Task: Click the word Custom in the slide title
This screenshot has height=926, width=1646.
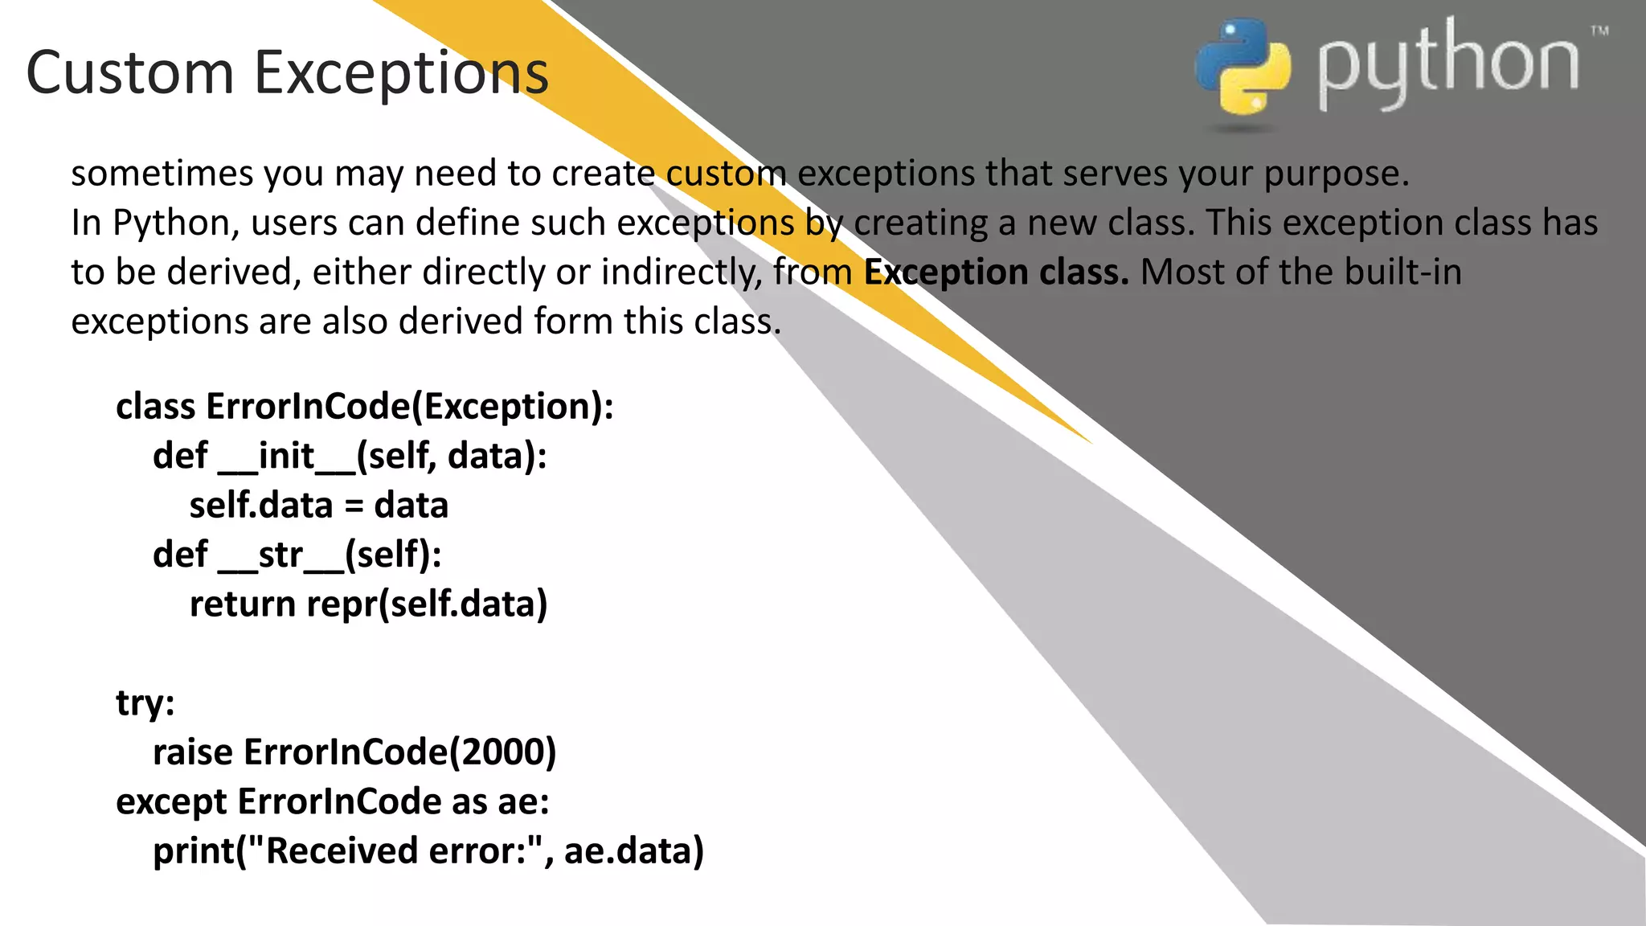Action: click(x=129, y=72)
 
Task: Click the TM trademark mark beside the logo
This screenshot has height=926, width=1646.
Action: click(x=1599, y=31)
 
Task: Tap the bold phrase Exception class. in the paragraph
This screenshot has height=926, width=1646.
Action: click(x=996, y=272)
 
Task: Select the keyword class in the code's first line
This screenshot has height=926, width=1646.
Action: click(x=156, y=407)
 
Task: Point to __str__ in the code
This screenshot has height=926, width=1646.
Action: click(x=280, y=555)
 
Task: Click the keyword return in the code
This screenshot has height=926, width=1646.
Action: click(x=243, y=604)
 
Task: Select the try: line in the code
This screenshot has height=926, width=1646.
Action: click(x=145, y=703)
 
